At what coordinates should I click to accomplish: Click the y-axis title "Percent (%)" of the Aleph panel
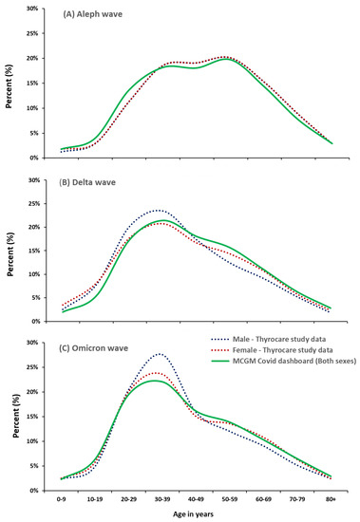[9, 84]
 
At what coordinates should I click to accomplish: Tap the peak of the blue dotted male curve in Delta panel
[156, 211]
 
